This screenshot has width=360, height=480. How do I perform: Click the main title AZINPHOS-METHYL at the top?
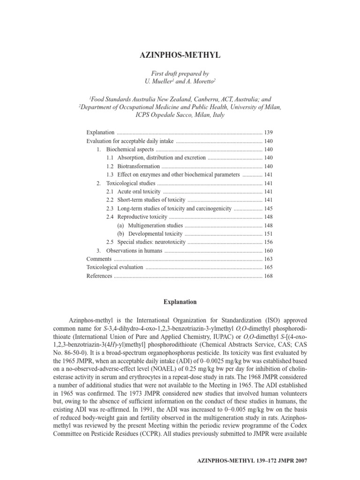coord(180,55)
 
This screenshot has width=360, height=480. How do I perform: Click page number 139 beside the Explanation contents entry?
coord(268,133)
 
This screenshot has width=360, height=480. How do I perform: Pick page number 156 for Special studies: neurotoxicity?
coord(268,242)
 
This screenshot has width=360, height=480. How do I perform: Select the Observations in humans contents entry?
coord(134,250)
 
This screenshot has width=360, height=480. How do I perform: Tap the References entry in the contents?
coord(99,276)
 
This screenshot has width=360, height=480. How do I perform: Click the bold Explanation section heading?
coord(180,301)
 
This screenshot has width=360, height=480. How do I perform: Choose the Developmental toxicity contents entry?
coord(156,233)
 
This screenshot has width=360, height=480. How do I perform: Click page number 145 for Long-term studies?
coord(268,208)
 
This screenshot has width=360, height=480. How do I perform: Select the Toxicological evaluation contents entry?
coord(115,267)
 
